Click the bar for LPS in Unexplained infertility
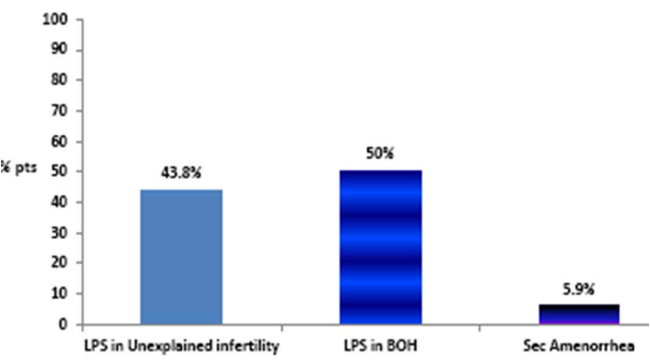(x=181, y=256)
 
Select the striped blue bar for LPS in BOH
(x=380, y=247)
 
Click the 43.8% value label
(x=181, y=173)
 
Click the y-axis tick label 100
(x=56, y=19)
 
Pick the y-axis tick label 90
(x=59, y=49)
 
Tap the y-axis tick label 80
(x=59, y=80)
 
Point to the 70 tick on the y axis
(x=59, y=110)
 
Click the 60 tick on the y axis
(x=59, y=141)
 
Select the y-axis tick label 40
(x=59, y=202)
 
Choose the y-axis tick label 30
(x=59, y=232)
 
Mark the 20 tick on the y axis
(x=59, y=263)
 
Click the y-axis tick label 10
(x=59, y=293)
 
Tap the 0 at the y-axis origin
(x=62, y=324)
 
